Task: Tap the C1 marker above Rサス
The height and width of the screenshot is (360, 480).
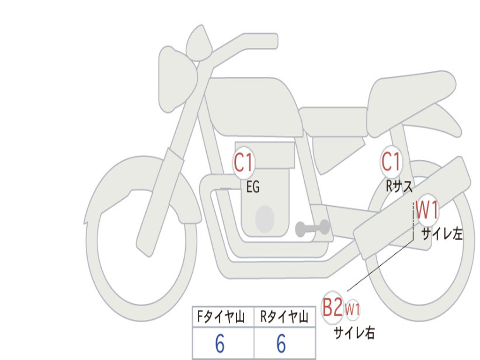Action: [x=391, y=161]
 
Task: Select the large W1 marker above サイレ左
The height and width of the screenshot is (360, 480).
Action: [x=427, y=210]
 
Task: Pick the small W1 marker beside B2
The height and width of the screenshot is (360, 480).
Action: [x=352, y=309]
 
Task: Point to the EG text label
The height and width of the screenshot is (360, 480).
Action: [x=253, y=187]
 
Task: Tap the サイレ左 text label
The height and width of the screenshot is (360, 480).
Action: [x=442, y=233]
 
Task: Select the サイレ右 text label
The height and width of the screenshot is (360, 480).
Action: [x=354, y=332]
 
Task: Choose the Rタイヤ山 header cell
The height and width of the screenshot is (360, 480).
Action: [x=285, y=317]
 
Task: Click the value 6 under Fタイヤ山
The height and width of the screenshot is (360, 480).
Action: [x=220, y=344]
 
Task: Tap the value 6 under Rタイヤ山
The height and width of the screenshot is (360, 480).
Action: [x=281, y=344]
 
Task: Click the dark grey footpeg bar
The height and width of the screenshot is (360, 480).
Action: [x=313, y=228]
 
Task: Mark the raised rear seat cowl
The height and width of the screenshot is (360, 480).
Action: [x=412, y=101]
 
